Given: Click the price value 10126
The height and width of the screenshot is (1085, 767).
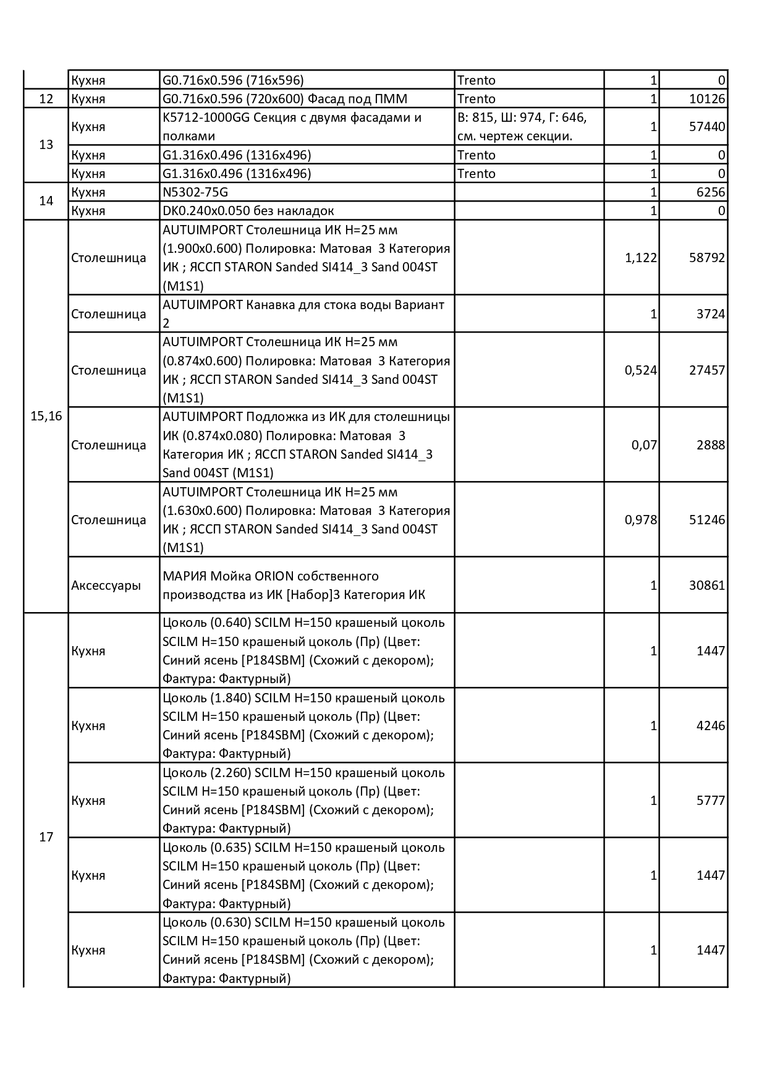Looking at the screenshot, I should [x=707, y=99].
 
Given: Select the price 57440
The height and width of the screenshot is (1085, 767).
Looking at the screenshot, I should [x=707, y=127].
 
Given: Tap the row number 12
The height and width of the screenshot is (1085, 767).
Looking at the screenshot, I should [x=46, y=99].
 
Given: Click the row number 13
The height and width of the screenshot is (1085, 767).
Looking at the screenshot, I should [x=46, y=145].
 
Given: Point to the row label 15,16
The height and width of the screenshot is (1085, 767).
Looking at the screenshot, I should [x=46, y=416].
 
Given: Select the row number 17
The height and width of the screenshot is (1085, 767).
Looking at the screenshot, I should [x=46, y=837].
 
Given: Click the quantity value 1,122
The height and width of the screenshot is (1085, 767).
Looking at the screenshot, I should [x=641, y=258].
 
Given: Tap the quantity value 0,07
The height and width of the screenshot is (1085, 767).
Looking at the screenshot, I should [x=644, y=445].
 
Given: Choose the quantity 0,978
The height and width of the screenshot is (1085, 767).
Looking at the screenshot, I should [x=641, y=520].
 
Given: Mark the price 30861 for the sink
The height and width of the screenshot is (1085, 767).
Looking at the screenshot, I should [x=707, y=585].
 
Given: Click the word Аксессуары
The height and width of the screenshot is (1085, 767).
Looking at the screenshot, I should [x=106, y=585].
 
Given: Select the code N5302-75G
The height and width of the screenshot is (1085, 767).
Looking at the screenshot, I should [x=195, y=192].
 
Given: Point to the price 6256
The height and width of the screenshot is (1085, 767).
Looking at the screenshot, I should [x=711, y=192].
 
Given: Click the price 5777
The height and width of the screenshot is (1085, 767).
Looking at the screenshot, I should [x=711, y=801].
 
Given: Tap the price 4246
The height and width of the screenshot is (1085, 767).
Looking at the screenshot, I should [x=711, y=726].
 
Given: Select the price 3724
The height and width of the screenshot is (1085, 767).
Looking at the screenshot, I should [x=711, y=314].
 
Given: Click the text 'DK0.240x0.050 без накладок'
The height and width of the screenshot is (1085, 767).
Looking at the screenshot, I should [x=248, y=211].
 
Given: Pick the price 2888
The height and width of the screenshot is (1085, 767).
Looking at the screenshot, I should [x=711, y=445].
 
